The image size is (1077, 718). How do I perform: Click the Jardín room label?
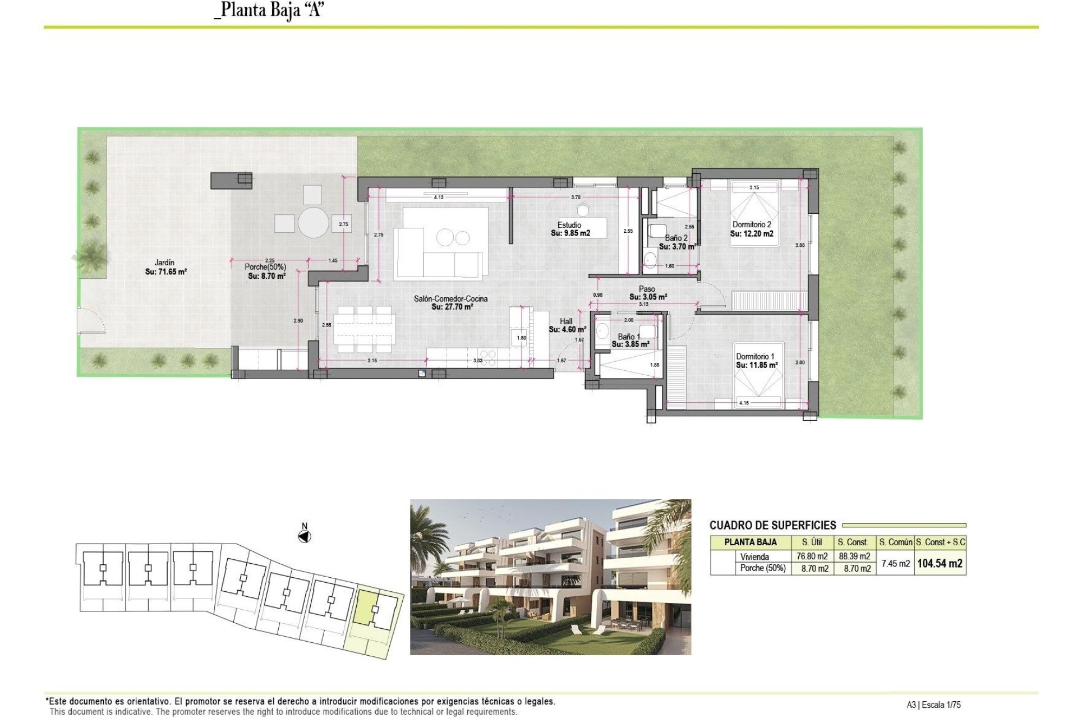point(164,263)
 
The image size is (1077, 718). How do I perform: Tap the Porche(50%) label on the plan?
point(265,267)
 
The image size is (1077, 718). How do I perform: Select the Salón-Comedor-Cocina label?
point(450,299)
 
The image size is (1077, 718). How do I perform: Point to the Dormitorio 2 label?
point(751,224)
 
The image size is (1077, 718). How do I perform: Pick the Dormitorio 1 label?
point(755,356)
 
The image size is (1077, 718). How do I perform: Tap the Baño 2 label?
point(676,238)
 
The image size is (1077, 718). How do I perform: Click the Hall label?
point(566,321)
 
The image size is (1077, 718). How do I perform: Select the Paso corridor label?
point(647,289)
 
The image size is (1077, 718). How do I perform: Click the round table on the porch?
point(313,223)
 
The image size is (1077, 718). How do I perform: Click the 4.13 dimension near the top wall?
point(439,197)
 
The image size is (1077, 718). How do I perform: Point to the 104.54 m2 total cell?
point(940,564)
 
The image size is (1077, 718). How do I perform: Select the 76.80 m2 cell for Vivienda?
point(812,556)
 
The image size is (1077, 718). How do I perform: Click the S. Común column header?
point(895,542)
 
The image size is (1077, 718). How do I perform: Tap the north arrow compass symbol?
point(305,537)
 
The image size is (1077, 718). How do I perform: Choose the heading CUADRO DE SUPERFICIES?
point(772,526)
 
